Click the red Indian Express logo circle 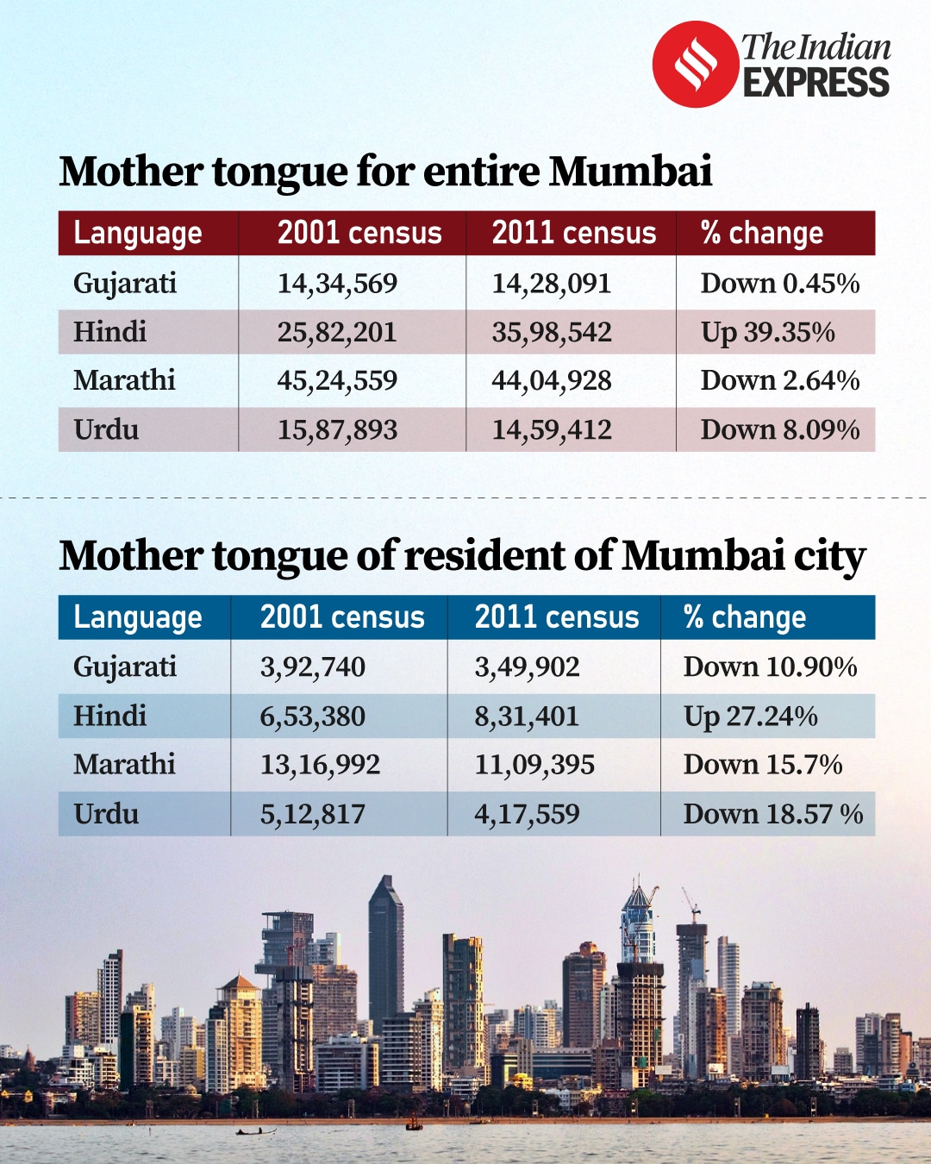(x=696, y=65)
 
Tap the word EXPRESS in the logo (x=815, y=84)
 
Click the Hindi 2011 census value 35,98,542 (x=552, y=332)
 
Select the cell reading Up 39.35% (x=767, y=332)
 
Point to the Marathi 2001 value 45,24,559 (x=337, y=380)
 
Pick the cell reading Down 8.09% (x=779, y=429)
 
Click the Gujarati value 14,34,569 (x=337, y=283)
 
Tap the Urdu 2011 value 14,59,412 (x=552, y=429)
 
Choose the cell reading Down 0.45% (x=779, y=283)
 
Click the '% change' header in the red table (x=761, y=233)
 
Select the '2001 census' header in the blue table (x=342, y=617)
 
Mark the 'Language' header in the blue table (x=138, y=617)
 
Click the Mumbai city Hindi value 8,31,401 (x=527, y=717)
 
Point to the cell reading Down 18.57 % (x=772, y=814)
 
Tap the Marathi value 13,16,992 (x=320, y=765)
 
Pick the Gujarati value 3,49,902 (x=527, y=666)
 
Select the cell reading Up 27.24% (x=750, y=717)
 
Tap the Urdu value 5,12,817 (x=312, y=814)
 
